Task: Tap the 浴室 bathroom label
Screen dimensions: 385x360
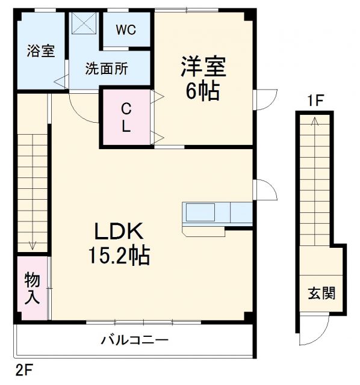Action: point(41,52)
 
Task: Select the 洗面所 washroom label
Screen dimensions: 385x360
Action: point(106,69)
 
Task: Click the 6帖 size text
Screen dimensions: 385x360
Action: point(202,92)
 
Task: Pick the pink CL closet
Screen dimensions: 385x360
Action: point(126,117)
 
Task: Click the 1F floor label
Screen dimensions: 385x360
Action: point(315,100)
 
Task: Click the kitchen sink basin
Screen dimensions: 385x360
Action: point(200,213)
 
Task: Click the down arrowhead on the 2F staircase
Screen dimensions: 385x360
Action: point(31,246)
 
